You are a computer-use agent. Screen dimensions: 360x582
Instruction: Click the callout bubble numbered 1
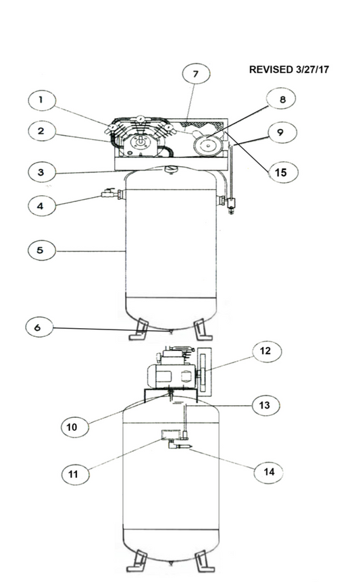pyautogui.click(x=42, y=100)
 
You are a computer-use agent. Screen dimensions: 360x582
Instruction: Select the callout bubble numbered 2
pyautogui.click(x=42, y=131)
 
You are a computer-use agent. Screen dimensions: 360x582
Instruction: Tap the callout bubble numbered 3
pyautogui.click(x=42, y=172)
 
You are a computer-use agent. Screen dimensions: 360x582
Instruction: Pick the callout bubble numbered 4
pyautogui.click(x=42, y=206)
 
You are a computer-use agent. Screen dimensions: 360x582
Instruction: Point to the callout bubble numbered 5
pyautogui.click(x=42, y=250)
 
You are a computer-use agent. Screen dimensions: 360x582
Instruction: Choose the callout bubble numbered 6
pyautogui.click(x=39, y=327)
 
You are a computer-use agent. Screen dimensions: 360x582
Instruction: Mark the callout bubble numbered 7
pyautogui.click(x=196, y=74)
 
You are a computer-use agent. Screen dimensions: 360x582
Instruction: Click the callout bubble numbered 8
pyautogui.click(x=282, y=99)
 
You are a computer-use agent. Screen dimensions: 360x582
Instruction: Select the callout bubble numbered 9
pyautogui.click(x=282, y=132)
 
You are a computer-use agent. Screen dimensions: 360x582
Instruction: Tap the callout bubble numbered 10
pyautogui.click(x=75, y=427)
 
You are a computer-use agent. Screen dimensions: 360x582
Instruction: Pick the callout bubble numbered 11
pyautogui.click(x=75, y=474)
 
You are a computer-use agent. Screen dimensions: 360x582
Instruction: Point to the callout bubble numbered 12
pyautogui.click(x=267, y=351)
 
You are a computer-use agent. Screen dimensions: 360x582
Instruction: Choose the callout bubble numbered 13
pyautogui.click(x=265, y=405)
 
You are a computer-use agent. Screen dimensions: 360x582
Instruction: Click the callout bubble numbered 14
pyautogui.click(x=268, y=472)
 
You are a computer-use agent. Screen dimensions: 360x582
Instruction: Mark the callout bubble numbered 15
pyautogui.click(x=282, y=172)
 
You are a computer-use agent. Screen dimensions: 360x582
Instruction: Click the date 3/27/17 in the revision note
pyautogui.click(x=313, y=70)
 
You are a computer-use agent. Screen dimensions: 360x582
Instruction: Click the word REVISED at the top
pyautogui.click(x=271, y=70)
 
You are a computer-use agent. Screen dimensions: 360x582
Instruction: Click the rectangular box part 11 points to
pyautogui.click(x=171, y=434)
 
